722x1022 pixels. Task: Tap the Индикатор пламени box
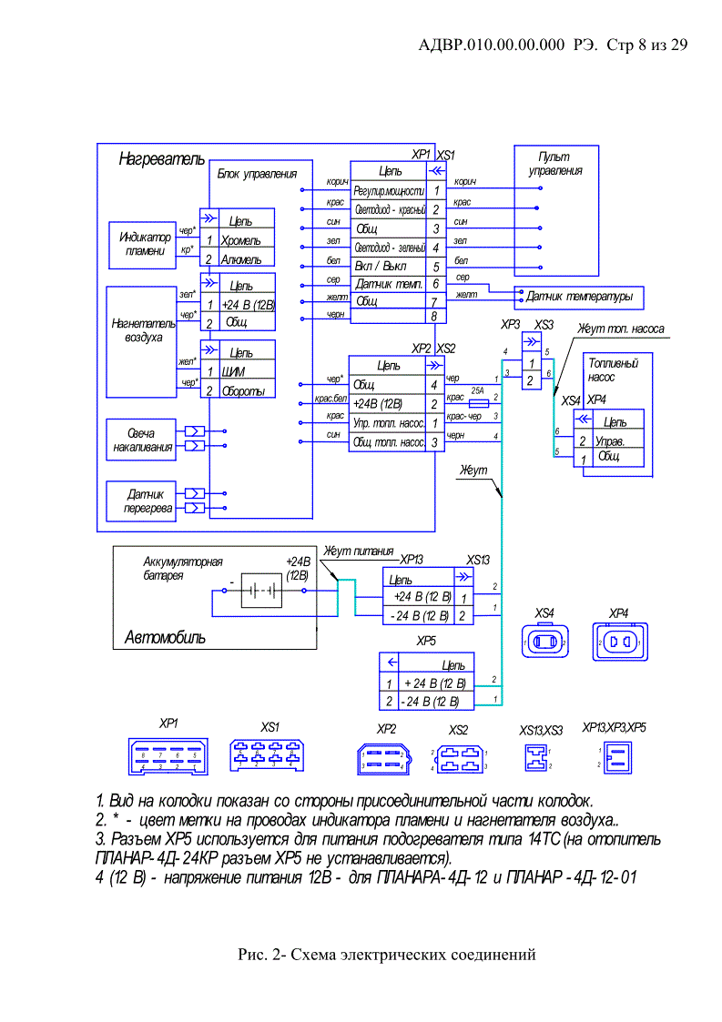tap(145, 244)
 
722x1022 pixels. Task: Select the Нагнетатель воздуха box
tap(137, 329)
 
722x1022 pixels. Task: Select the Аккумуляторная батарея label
tap(182, 569)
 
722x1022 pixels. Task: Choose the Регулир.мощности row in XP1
tap(388, 191)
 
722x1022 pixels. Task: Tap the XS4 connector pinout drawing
tap(545, 643)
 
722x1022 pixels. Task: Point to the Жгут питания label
tap(359, 551)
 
